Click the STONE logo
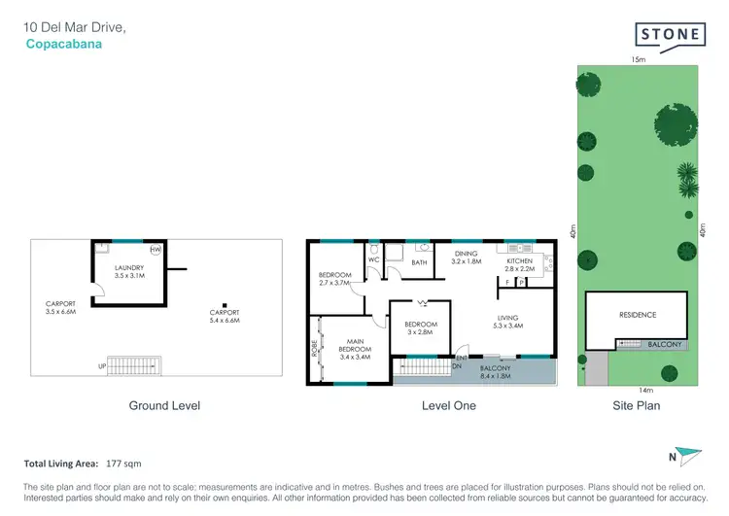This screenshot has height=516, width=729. coord(671,35)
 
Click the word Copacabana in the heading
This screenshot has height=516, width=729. coord(63,44)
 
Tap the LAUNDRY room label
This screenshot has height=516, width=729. coord(129,272)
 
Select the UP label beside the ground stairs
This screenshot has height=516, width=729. coord(102,366)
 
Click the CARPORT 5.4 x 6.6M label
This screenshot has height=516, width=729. coord(225,315)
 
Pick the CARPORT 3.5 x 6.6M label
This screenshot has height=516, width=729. coord(59,307)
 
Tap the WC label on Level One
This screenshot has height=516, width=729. coord(373,259)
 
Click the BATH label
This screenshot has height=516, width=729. coord(419,262)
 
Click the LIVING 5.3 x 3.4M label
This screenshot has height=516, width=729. coord(507,322)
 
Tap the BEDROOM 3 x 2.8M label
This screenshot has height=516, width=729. coord(421,328)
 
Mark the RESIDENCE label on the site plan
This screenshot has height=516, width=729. coord(638,315)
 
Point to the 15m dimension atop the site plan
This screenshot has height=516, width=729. coord(638,59)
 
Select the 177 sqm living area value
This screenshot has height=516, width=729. coord(126,464)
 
